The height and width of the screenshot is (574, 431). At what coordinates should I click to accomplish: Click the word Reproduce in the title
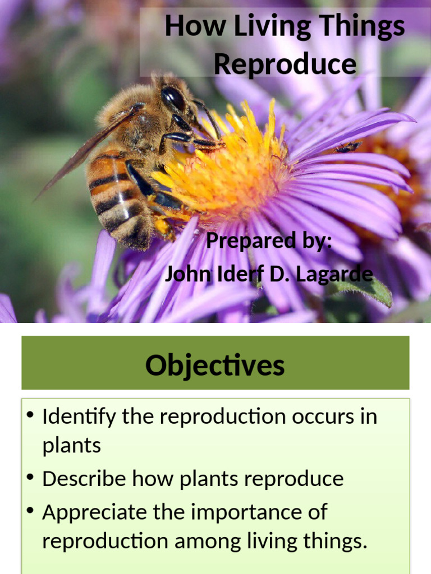(285, 64)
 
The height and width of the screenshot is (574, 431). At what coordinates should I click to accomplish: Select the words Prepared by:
(269, 242)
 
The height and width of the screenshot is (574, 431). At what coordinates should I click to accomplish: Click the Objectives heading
(215, 365)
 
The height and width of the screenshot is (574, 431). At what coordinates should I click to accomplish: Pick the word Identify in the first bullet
(79, 417)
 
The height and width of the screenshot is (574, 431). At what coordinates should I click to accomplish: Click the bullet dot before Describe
(31, 478)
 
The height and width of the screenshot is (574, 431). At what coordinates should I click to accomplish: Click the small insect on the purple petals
(348, 147)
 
